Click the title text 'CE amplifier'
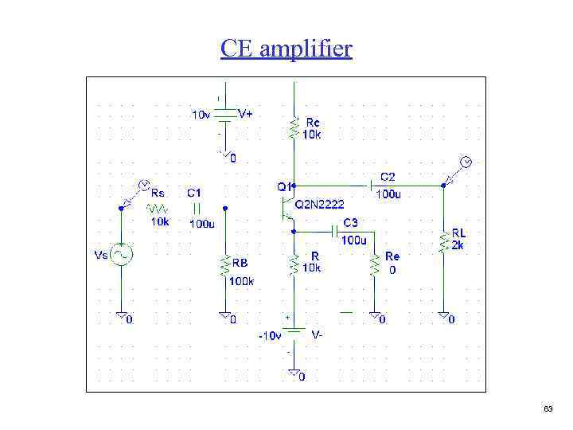(286, 49)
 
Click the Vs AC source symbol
(121, 255)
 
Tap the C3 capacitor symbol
(335, 231)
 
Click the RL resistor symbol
(442, 241)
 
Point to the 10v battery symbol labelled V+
(226, 115)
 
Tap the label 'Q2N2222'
(320, 205)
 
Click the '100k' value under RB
(240, 280)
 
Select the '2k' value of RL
(458, 245)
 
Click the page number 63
(548, 408)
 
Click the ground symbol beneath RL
(442, 317)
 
